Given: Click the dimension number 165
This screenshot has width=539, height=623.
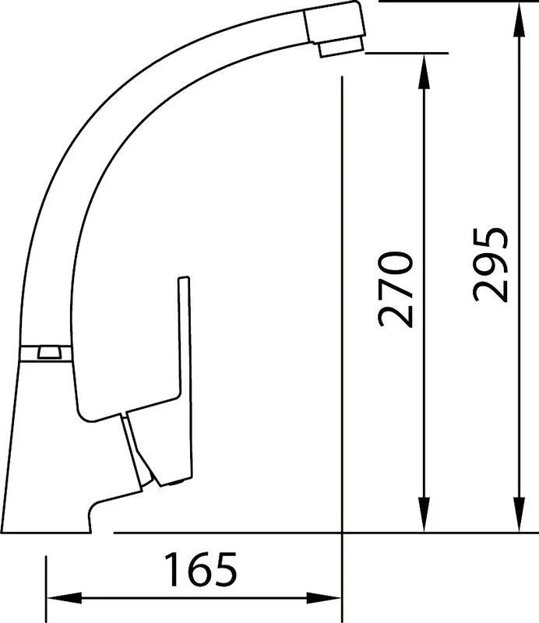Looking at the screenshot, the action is click(x=200, y=569).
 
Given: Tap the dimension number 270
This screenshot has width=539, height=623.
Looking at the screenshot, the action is click(x=396, y=289).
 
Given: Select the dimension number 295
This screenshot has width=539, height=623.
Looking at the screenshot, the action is click(x=491, y=265).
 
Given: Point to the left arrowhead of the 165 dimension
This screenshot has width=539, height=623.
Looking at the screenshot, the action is click(x=65, y=597).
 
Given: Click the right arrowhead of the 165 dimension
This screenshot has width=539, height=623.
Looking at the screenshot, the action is click(x=323, y=597).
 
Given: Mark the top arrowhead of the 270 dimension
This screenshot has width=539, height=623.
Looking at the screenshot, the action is click(x=425, y=72).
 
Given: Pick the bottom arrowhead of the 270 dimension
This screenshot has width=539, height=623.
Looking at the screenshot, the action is click(x=425, y=514).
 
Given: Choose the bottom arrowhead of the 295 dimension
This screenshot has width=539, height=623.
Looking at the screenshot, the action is click(x=520, y=514).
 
